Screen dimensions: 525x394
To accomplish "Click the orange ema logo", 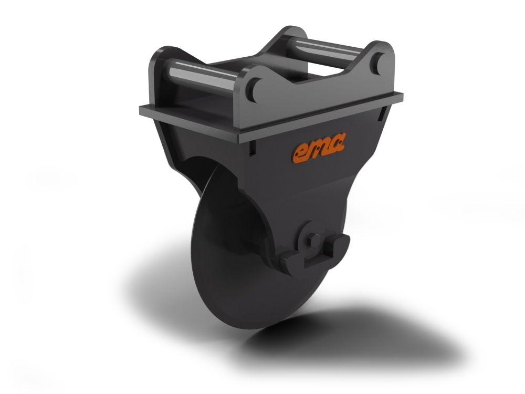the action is (x=319, y=148).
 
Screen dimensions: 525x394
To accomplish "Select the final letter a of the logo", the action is (x=337, y=142).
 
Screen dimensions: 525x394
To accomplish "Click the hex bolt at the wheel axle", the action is (x=313, y=240).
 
